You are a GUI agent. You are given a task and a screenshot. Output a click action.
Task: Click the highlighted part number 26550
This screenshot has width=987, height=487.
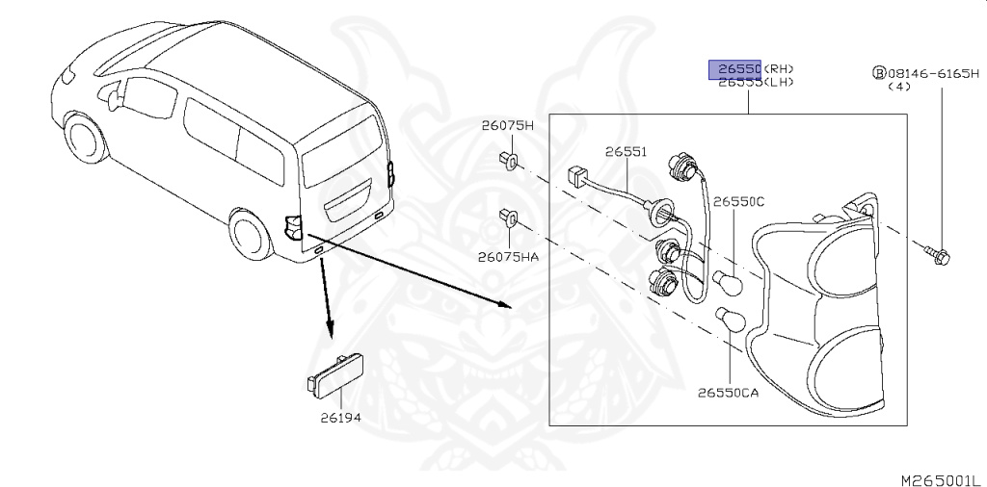(x=736, y=69)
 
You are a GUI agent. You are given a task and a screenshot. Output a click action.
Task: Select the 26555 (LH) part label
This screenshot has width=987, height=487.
(x=756, y=84)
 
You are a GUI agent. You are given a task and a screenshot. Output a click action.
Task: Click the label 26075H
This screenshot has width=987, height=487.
(x=508, y=126)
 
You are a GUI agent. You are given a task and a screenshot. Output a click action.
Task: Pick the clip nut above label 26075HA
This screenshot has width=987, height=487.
(x=508, y=218)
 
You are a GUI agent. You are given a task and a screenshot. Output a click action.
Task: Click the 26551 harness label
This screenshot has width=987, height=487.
(x=626, y=152)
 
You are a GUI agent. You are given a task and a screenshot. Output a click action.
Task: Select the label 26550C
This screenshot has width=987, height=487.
(x=738, y=201)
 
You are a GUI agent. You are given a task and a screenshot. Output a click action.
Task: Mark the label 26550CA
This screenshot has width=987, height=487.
(x=728, y=393)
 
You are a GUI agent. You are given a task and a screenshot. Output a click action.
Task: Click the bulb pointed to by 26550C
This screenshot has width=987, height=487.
(x=728, y=281)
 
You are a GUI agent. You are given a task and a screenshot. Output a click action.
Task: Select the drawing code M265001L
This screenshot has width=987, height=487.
(x=939, y=478)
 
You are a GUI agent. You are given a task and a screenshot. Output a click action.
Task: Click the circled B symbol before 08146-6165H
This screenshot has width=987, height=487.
(x=879, y=72)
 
